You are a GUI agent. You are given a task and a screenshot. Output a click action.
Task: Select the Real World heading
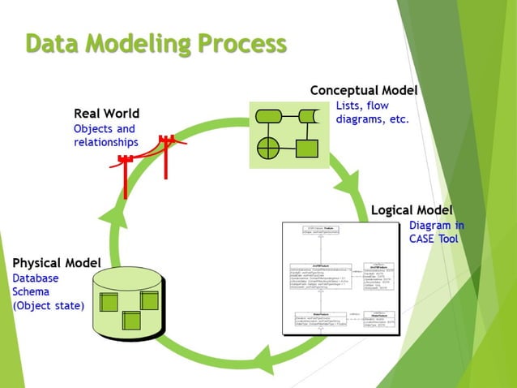(106, 113)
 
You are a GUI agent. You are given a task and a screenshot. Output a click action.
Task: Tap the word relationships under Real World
(105, 142)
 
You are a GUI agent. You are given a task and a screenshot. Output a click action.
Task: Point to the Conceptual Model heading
(364, 90)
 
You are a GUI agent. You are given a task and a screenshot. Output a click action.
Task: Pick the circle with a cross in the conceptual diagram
(267, 149)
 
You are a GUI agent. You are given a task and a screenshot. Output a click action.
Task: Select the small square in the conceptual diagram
(305, 149)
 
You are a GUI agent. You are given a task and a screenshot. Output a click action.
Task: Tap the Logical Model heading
(412, 210)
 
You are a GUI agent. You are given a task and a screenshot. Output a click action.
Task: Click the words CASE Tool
(434, 239)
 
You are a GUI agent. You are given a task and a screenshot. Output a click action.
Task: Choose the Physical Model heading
(57, 263)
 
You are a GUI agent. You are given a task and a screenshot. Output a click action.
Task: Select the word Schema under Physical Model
(31, 291)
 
